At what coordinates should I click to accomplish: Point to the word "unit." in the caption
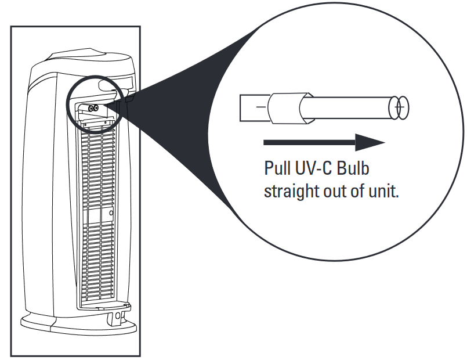tap(383, 192)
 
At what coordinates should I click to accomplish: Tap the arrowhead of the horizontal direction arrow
tap(370, 142)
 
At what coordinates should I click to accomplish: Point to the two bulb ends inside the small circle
tap(93, 107)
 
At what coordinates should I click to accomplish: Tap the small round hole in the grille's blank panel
tap(111, 214)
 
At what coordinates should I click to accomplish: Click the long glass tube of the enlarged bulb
tap(348, 108)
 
